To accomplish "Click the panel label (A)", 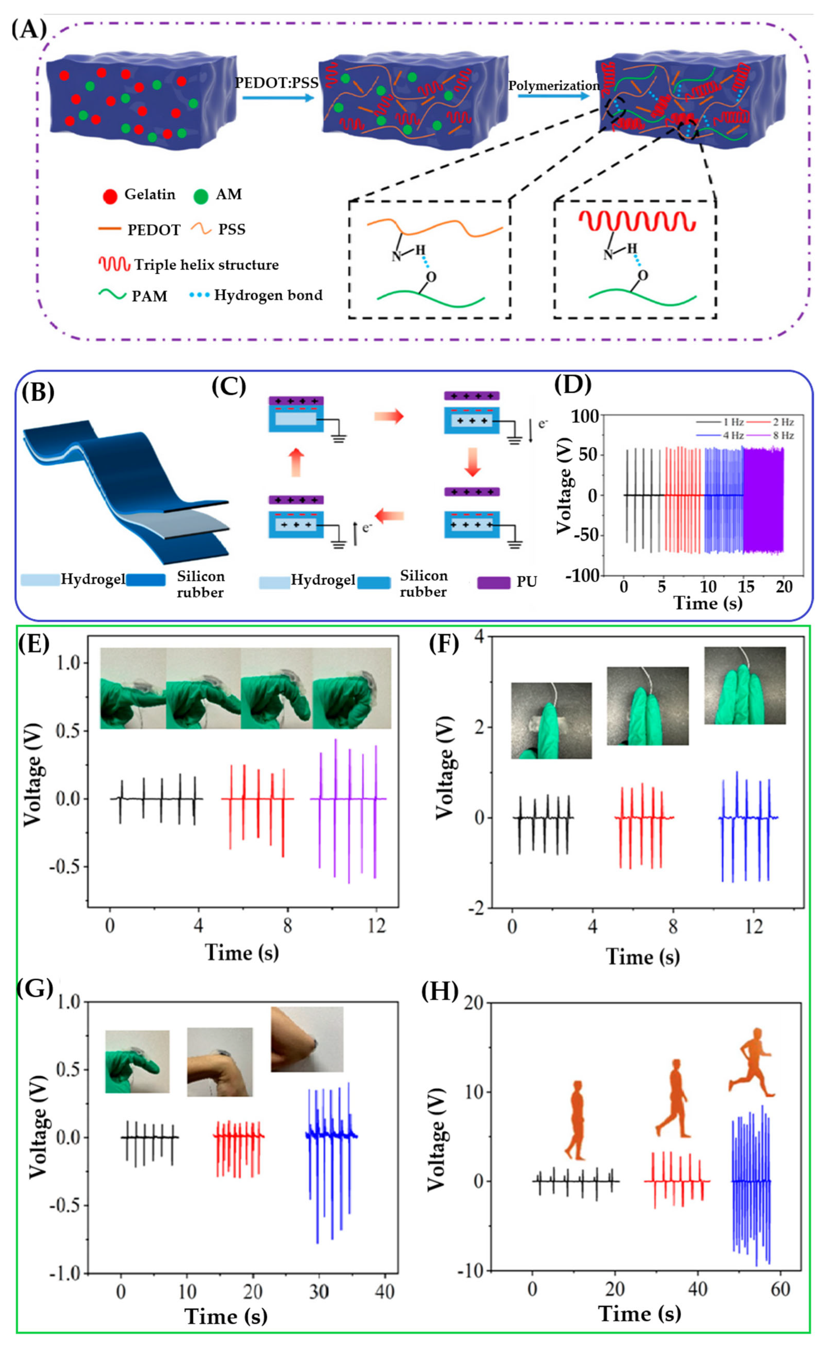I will pyautogui.click(x=28, y=28).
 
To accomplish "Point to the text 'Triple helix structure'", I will pyautogui.click(x=206, y=265).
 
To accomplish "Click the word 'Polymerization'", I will pyautogui.click(x=554, y=86).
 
